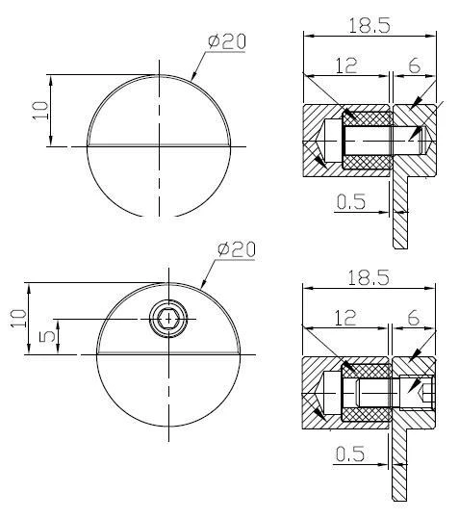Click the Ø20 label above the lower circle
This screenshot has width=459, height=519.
(236, 248)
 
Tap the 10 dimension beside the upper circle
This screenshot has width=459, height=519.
(38, 110)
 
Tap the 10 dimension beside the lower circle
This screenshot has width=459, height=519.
(18, 318)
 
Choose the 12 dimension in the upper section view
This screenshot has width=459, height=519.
(346, 66)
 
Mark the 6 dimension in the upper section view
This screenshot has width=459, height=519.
(415, 66)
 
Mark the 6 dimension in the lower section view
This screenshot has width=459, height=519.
(415, 318)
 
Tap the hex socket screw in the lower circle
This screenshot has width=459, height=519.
(170, 319)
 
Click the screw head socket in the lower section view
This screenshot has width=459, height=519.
(424, 390)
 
